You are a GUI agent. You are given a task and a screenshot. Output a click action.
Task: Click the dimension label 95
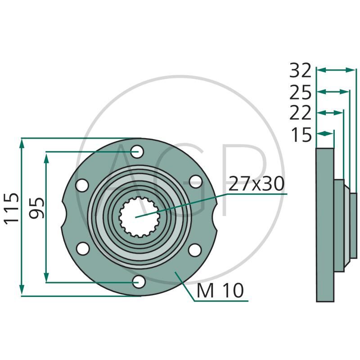pyautogui.click(x=37, y=207)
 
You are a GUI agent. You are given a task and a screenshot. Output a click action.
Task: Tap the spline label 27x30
pyautogui.click(x=256, y=184)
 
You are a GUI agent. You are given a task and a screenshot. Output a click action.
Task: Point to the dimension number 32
pyautogui.click(x=300, y=70)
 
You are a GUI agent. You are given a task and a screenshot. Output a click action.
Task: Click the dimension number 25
pyautogui.click(x=300, y=93)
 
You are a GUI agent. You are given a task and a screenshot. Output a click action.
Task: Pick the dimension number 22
pyautogui.click(x=300, y=113)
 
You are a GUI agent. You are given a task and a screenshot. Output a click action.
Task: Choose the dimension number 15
pyautogui.click(x=300, y=135)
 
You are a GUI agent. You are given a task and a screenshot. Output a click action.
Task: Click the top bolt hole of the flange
pyautogui.click(x=138, y=151)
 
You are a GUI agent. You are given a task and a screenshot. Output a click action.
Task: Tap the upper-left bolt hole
pyautogui.click(x=82, y=184)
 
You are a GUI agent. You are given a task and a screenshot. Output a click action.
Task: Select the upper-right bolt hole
pyautogui.click(x=195, y=181)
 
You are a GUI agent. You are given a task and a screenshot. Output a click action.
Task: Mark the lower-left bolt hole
pyautogui.click(x=82, y=248)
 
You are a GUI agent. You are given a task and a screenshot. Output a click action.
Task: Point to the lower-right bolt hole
pyautogui.click(x=194, y=250)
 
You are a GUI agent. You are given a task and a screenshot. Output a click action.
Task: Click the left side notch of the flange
pyautogui.click(x=65, y=216)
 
